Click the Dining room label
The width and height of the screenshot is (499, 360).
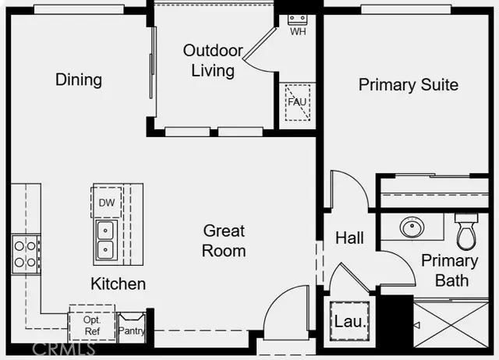79,79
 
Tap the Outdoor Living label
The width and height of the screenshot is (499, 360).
209,61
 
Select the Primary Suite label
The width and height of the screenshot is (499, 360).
408,84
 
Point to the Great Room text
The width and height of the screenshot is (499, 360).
224,241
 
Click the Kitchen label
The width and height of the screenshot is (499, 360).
118,283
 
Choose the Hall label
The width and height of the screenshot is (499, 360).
349,238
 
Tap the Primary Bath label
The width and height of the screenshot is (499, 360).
450,270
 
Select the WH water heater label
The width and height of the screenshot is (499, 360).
298,32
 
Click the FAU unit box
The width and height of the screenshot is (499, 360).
296,101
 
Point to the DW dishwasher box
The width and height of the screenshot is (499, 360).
107,203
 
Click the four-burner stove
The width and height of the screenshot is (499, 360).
25,253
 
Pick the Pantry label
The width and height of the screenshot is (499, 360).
130,330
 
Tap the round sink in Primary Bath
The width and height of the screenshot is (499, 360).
412,228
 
